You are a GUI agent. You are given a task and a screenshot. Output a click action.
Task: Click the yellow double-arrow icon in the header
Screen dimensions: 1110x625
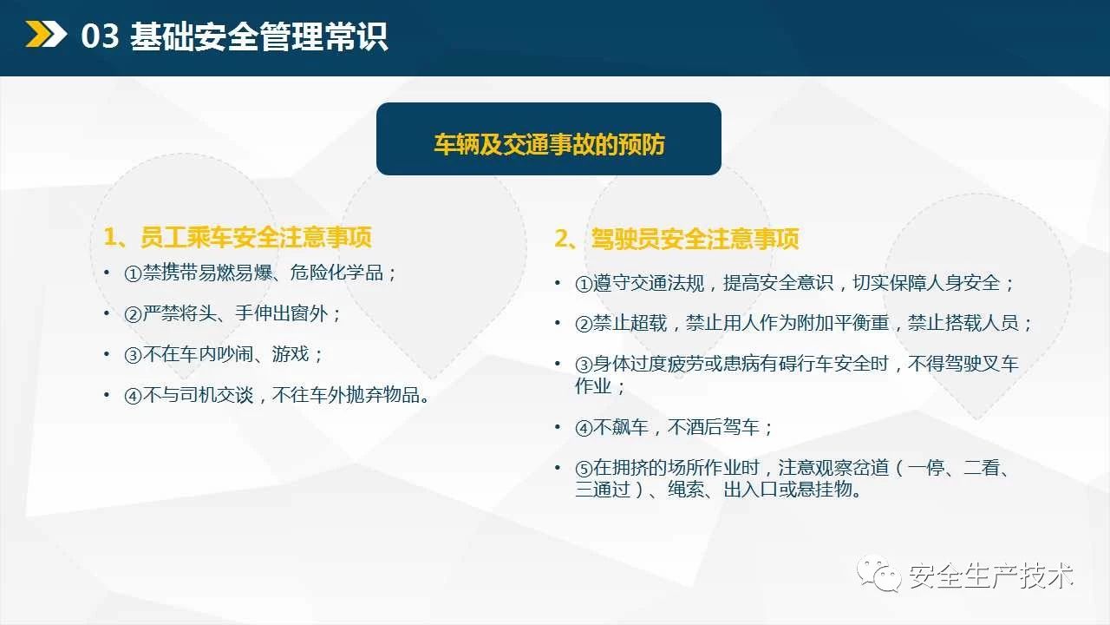pyautogui.click(x=46, y=34)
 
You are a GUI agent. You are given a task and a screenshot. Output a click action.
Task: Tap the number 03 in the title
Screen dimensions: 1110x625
pyautogui.click(x=100, y=36)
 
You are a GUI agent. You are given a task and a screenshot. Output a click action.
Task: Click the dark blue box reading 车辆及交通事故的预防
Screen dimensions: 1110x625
pyautogui.click(x=549, y=139)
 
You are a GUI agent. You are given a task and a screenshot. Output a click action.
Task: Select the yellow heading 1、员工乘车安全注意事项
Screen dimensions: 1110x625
pyautogui.click(x=238, y=237)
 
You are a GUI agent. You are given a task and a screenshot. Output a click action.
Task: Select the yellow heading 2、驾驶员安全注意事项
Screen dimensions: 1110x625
pyautogui.click(x=676, y=239)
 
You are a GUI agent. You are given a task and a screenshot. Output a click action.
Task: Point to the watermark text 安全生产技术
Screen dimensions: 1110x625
pyautogui.click(x=991, y=576)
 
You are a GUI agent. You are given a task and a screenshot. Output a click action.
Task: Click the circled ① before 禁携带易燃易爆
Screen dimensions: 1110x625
pyautogui.click(x=133, y=273)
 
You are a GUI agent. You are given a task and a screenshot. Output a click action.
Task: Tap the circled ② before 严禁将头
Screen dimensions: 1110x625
pyautogui.click(x=133, y=314)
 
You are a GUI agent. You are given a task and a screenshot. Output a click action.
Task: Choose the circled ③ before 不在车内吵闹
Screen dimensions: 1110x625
pyautogui.click(x=133, y=355)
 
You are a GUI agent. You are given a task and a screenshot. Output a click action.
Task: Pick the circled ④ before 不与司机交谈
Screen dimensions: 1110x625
pyautogui.click(x=133, y=396)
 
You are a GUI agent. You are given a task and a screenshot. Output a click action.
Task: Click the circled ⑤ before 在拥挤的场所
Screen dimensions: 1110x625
pyautogui.click(x=584, y=468)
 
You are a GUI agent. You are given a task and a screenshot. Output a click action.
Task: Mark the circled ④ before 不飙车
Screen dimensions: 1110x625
pyautogui.click(x=584, y=428)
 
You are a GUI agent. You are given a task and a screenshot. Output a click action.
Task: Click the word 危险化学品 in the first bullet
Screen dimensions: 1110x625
pyautogui.click(x=336, y=273)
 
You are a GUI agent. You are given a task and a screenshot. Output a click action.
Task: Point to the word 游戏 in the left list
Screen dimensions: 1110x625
pyautogui.click(x=291, y=354)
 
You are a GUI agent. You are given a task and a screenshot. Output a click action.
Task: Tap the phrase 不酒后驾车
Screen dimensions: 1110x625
pyautogui.click(x=713, y=427)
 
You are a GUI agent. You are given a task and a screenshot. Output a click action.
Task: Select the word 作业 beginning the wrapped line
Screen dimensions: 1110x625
pyautogui.click(x=593, y=385)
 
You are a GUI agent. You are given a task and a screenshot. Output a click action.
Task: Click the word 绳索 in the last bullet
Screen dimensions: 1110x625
pyautogui.click(x=686, y=490)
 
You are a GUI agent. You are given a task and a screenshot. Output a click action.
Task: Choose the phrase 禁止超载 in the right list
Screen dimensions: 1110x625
pyautogui.click(x=630, y=323)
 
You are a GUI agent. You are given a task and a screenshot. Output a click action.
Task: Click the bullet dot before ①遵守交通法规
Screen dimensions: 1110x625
pyautogui.click(x=558, y=283)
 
